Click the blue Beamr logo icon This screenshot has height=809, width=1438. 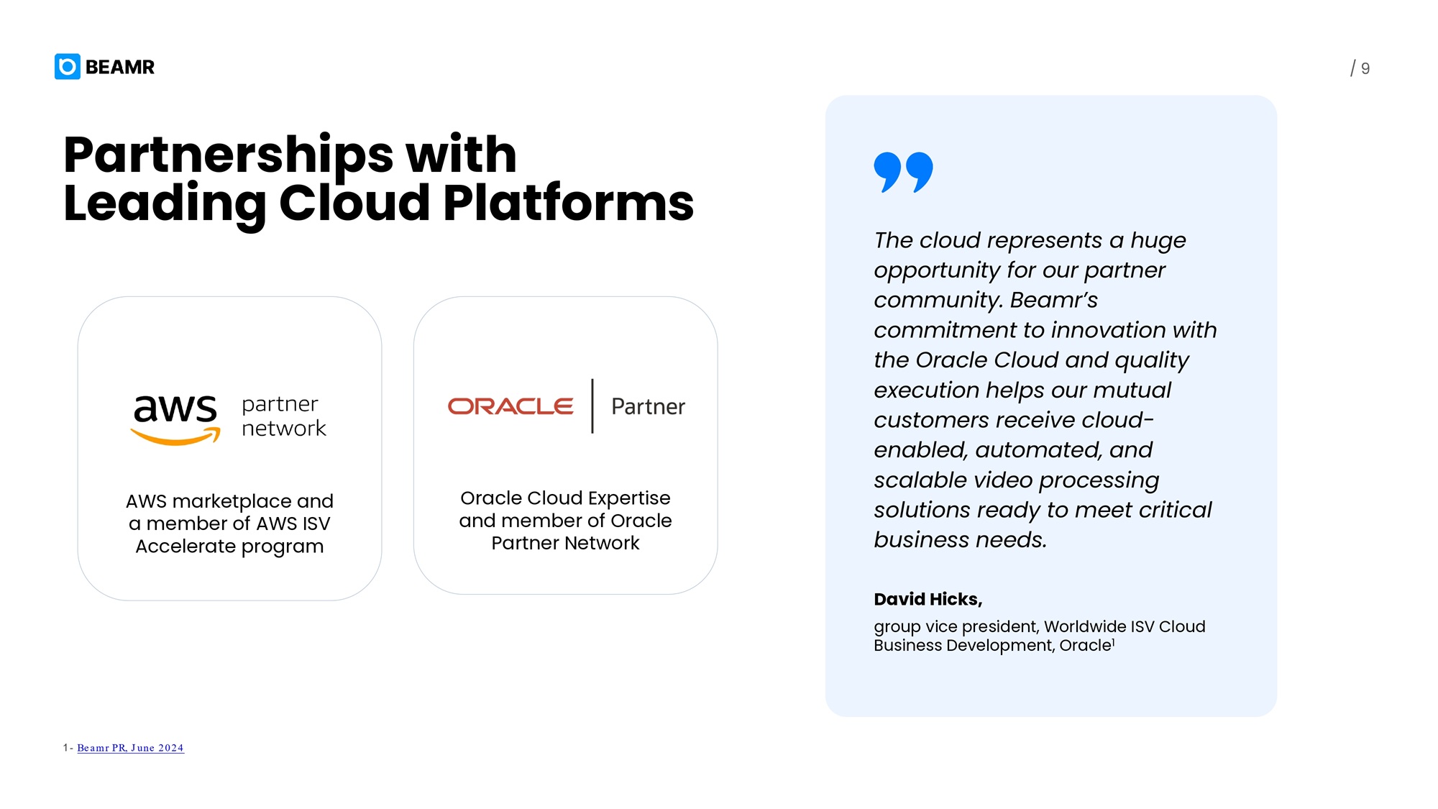pos(68,67)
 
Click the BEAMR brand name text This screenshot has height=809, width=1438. pos(120,67)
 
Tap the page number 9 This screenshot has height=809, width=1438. pos(1365,69)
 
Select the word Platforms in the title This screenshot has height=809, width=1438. pos(568,204)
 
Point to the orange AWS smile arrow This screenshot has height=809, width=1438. pos(175,436)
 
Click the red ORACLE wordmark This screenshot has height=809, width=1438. pos(510,406)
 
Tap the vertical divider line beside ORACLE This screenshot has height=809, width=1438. pos(592,406)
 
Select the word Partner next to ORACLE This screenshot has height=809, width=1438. pos(648,407)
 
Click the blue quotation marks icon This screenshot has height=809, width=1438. pos(903,172)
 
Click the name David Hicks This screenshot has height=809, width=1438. pos(928,599)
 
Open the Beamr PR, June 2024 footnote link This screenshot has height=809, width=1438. pos(130,748)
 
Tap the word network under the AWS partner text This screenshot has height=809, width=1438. pos(284,429)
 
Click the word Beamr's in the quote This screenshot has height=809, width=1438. pos(1054,300)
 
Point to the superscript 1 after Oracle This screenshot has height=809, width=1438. pos(1113,641)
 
